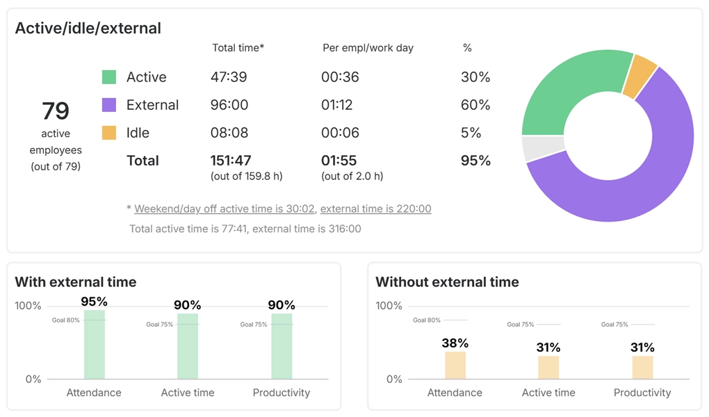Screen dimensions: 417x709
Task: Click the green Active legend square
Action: pyautogui.click(x=109, y=77)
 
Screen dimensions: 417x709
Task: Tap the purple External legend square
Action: pyautogui.click(x=109, y=105)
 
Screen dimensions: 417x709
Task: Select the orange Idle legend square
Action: pyautogui.click(x=109, y=133)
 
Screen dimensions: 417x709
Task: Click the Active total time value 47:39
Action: pyautogui.click(x=229, y=77)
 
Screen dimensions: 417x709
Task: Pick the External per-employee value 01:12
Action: pyautogui.click(x=336, y=105)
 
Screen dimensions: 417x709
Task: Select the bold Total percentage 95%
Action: pyautogui.click(x=475, y=161)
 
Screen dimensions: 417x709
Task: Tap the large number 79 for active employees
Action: pyautogui.click(x=56, y=111)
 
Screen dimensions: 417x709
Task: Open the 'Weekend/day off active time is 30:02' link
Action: pyautogui.click(x=225, y=208)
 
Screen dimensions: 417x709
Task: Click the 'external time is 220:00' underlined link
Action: pyautogui.click(x=375, y=208)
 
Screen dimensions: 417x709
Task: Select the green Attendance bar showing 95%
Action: pyautogui.click(x=95, y=345)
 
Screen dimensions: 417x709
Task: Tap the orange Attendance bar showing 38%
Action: pyautogui.click(x=455, y=365)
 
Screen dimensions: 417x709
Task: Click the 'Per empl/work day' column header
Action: pyautogui.click(x=368, y=48)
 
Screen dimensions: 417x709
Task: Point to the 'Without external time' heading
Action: pyautogui.click(x=447, y=281)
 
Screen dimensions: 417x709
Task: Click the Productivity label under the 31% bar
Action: pyautogui.click(x=642, y=393)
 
